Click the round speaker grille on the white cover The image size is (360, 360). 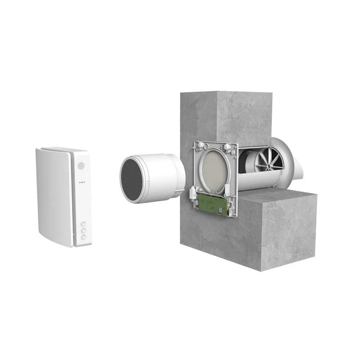point(81,166)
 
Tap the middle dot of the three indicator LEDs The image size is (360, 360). point(82,182)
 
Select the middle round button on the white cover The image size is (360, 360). point(83,230)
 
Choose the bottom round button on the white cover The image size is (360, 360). point(84,237)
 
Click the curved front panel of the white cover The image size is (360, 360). point(54,196)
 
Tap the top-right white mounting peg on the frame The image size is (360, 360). point(228,148)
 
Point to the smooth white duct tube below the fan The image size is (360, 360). point(259,182)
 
